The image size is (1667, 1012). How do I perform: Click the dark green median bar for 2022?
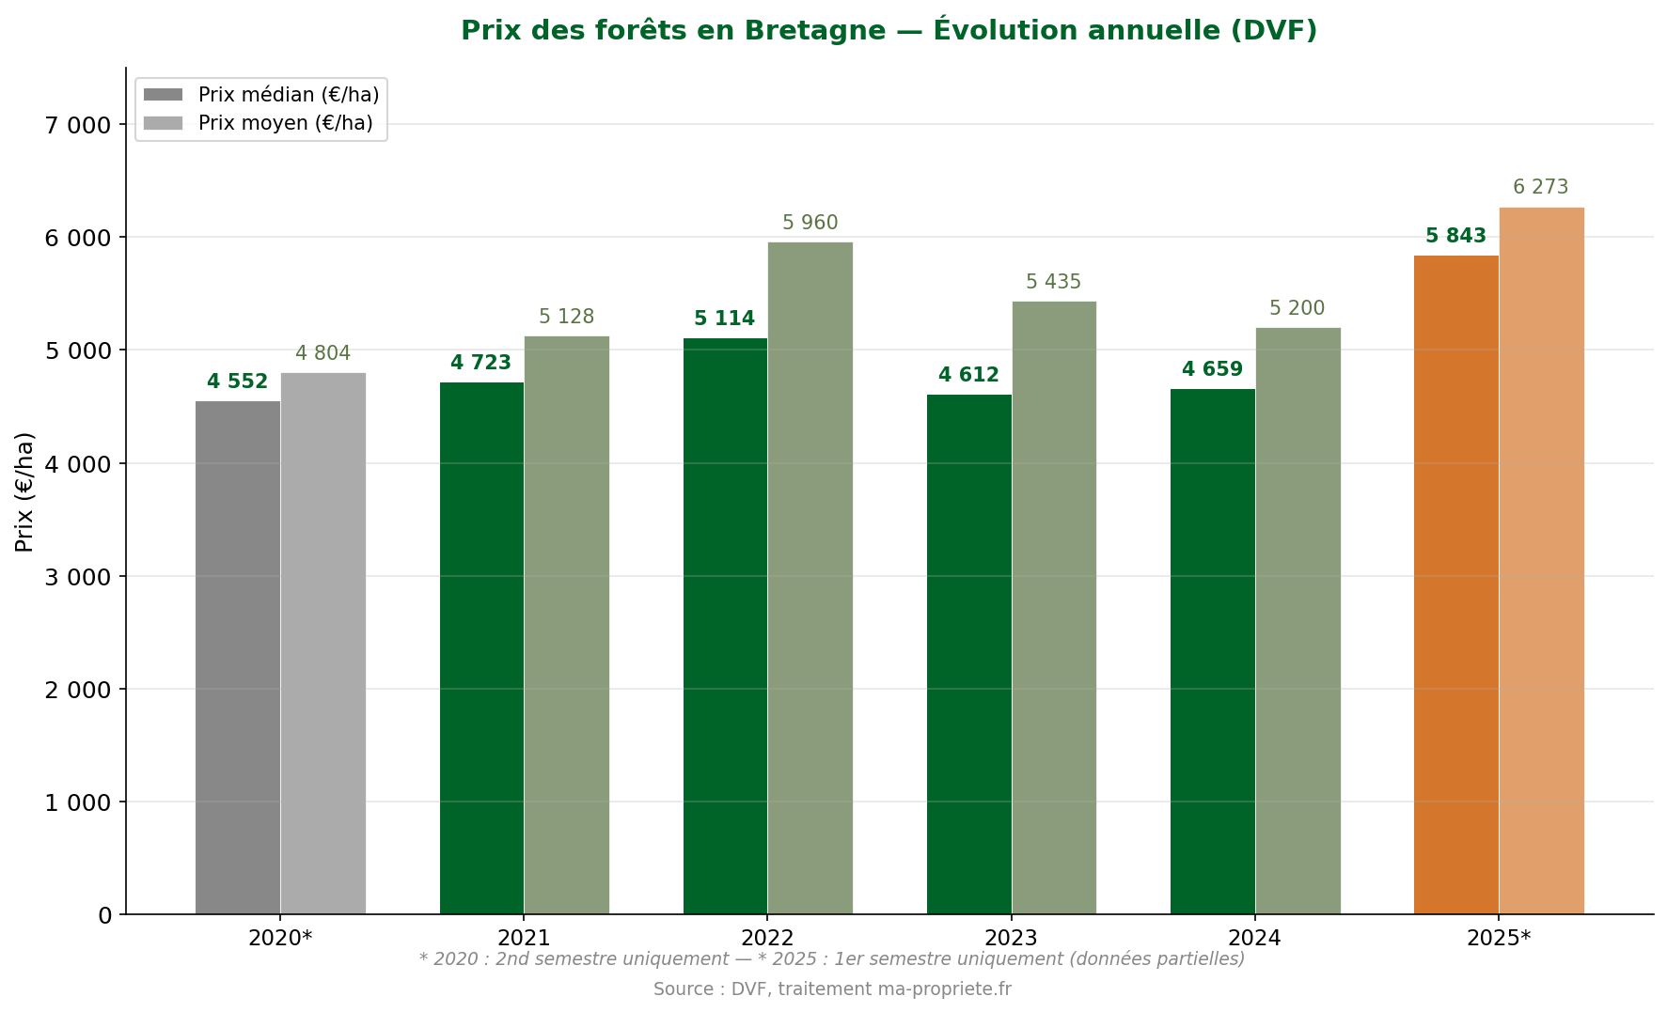[x=725, y=626]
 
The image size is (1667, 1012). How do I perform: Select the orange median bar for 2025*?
[x=1455, y=584]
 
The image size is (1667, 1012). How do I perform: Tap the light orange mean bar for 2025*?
[x=1541, y=560]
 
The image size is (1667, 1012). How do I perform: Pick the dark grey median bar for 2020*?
[x=238, y=658]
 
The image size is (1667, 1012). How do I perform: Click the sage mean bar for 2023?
[x=1054, y=607]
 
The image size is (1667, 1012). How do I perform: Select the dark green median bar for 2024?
[x=1212, y=651]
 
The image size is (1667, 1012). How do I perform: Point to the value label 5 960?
[x=810, y=224]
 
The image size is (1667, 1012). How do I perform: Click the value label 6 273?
[x=1540, y=188]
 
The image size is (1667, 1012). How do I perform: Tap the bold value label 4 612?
[x=968, y=376]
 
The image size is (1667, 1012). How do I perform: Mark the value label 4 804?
[x=322, y=354]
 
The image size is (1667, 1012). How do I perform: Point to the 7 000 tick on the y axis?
[x=78, y=125]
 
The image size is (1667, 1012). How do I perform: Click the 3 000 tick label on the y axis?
[x=78, y=577]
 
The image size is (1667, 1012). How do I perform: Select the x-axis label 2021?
[x=524, y=938]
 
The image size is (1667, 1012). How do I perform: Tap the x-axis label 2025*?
[x=1499, y=938]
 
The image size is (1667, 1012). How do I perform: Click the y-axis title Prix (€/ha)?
[x=24, y=491]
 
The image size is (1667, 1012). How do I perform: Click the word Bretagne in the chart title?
[x=814, y=31]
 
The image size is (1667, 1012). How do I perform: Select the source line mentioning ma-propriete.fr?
[x=832, y=989]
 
